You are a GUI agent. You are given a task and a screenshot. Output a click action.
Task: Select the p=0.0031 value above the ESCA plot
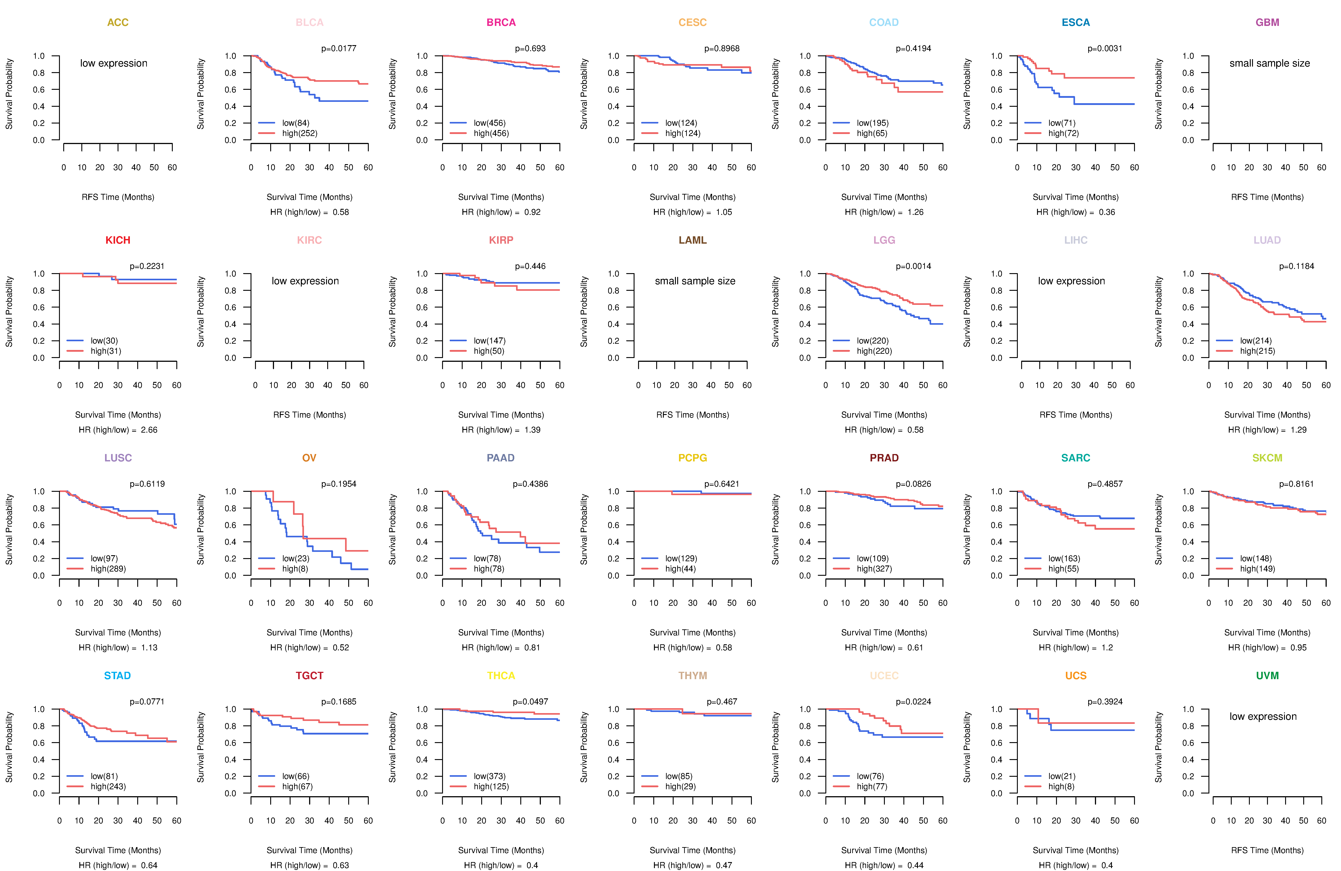click(1104, 48)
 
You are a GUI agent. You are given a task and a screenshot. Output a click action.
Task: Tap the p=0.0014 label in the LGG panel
click(913, 266)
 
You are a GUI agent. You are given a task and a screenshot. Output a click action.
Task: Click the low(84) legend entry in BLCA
click(295, 123)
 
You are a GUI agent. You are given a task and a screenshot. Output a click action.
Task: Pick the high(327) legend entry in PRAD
click(874, 569)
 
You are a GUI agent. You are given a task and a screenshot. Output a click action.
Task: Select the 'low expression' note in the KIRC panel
click(305, 281)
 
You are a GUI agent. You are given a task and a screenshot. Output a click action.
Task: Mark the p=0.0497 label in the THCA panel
click(530, 701)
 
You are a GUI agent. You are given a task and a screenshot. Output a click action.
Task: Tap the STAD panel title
click(117, 676)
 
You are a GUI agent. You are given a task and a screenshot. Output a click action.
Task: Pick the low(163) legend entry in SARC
click(1064, 559)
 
